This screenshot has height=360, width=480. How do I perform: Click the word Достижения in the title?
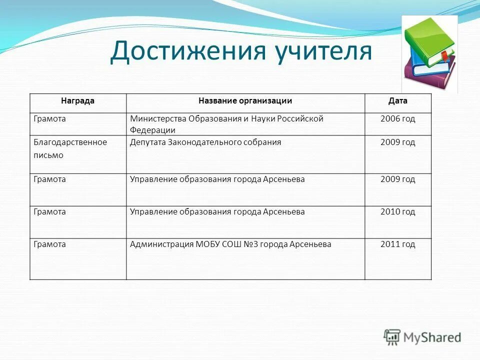187,52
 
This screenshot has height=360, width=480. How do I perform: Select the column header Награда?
77,101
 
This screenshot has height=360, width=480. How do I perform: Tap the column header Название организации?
245,101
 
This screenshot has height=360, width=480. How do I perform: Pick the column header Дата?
397,101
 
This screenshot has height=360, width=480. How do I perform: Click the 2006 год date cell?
397,119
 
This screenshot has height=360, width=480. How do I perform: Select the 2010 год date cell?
397,212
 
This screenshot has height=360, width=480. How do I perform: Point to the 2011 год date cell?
397,244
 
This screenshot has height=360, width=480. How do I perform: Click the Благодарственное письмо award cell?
70,148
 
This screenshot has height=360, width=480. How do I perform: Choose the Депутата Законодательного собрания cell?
205,142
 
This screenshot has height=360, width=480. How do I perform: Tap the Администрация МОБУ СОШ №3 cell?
230,244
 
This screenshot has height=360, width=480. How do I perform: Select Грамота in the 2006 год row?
50,119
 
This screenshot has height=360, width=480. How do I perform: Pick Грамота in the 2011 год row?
50,244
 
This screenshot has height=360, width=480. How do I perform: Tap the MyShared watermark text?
432,337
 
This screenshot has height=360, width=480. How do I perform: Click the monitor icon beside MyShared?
392,337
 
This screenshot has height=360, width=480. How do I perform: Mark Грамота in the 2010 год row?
50,212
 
